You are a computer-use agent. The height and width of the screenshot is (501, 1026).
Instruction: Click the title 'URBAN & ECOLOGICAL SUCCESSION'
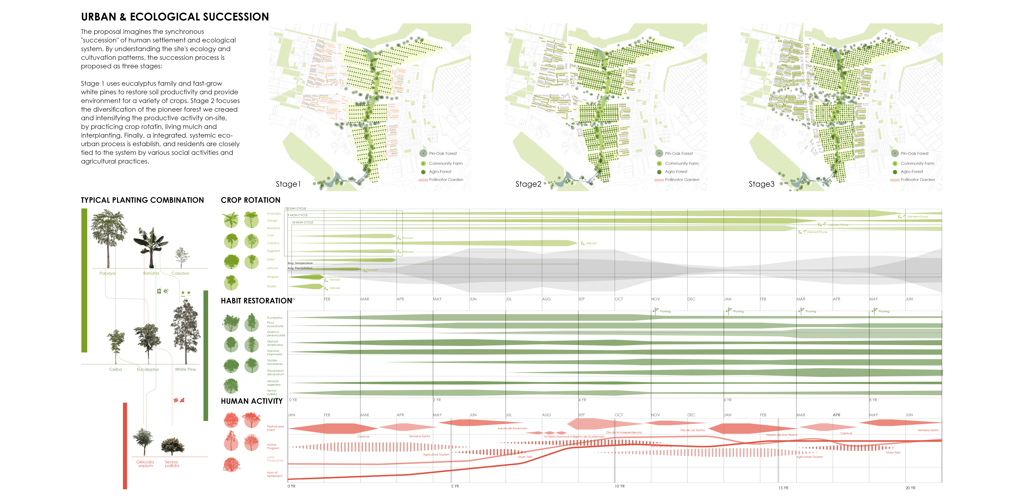tap(175, 17)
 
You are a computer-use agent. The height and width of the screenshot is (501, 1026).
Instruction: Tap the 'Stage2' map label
tap(528, 184)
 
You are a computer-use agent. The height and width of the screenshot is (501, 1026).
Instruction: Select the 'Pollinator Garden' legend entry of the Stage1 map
tap(446, 180)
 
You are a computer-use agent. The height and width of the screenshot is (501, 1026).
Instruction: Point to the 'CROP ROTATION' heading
tap(251, 200)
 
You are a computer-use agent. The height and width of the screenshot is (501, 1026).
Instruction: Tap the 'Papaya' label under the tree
tap(107, 273)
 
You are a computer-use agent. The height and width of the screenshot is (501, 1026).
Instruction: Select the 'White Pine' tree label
tap(185, 369)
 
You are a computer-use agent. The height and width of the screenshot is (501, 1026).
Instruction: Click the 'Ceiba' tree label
tap(115, 369)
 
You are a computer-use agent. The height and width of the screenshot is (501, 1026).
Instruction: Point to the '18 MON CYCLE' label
tap(302, 222)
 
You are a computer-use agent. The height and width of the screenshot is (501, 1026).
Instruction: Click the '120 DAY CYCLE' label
tap(295, 208)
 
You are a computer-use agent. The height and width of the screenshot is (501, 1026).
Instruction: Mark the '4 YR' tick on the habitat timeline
tap(582, 400)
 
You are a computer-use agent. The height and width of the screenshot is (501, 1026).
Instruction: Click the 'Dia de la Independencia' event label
tap(624, 432)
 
